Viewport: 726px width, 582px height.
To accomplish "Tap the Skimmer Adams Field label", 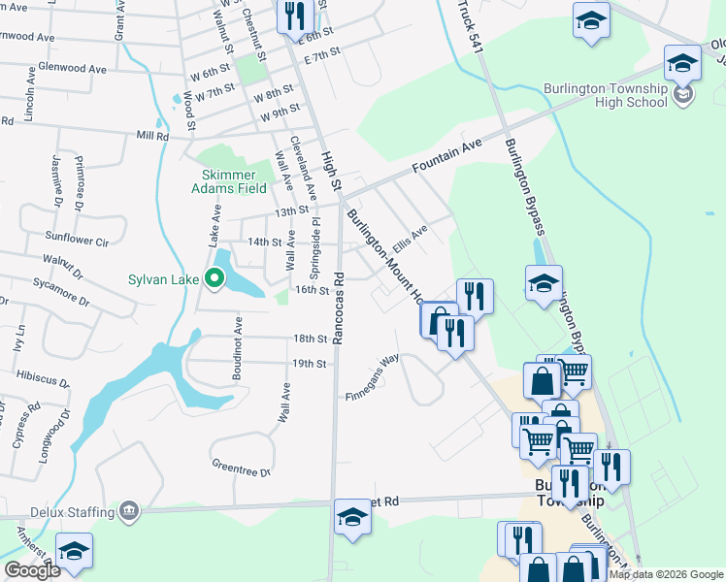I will click(x=232, y=181).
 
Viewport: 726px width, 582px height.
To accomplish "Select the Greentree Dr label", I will click(x=240, y=469).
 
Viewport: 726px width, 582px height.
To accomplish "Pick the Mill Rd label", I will click(x=153, y=137).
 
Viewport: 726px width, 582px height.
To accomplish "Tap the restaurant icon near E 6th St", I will click(x=294, y=16).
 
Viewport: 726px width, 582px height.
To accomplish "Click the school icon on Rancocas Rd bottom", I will click(x=352, y=517).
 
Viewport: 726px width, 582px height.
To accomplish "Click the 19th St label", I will click(x=309, y=363).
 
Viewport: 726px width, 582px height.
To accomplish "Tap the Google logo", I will click(x=32, y=570).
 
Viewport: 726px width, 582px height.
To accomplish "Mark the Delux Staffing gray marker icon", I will click(x=128, y=508).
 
